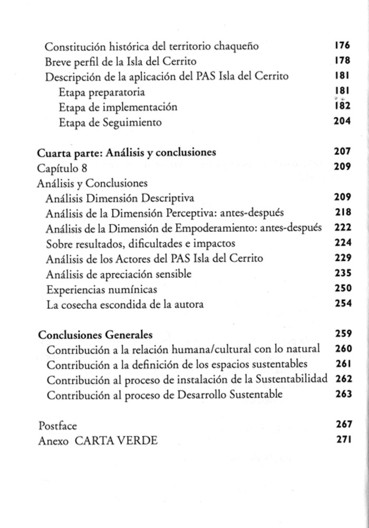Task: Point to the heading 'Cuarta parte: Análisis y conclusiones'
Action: click(127, 153)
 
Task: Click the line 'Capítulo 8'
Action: click(63, 168)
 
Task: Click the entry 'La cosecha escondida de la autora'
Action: click(124, 304)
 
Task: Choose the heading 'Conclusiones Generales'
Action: click(95, 335)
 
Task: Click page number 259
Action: click(343, 334)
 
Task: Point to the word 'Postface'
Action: click(57, 425)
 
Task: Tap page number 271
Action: click(343, 440)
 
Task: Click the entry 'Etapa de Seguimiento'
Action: click(110, 122)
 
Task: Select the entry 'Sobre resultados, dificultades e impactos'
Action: click(140, 244)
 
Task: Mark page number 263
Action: click(343, 394)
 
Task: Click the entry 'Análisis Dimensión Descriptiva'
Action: click(120, 198)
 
